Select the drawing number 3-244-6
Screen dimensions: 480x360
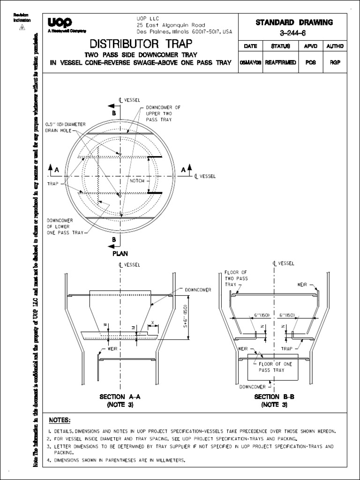pos(293,33)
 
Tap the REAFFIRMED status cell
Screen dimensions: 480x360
pos(280,62)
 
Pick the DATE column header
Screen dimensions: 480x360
pos(251,46)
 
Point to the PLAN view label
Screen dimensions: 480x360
pos(120,253)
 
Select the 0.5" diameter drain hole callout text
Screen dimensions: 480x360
pos(66,127)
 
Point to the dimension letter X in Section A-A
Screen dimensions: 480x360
pos(152,323)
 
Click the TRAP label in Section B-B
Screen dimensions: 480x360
pos(300,349)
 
